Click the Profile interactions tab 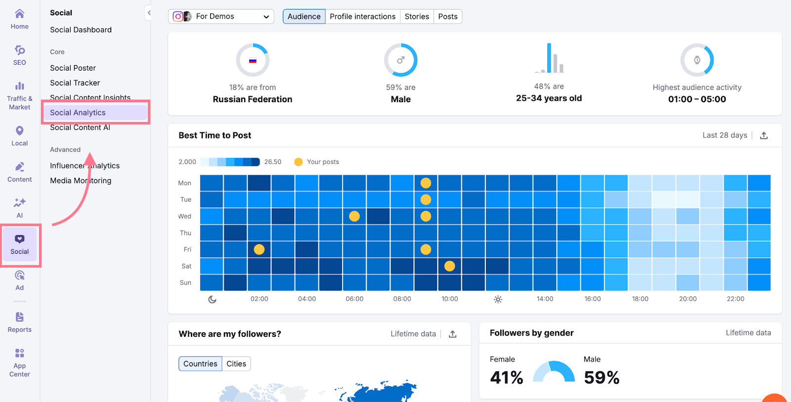[x=362, y=16]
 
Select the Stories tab [x=417, y=16]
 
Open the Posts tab [x=448, y=16]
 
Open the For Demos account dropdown [x=221, y=16]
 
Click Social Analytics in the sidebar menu [x=78, y=113]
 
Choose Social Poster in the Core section [x=73, y=68]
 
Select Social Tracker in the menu [x=75, y=83]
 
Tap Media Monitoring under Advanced [x=81, y=181]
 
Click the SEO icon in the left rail [x=20, y=55]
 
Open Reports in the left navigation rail [x=20, y=322]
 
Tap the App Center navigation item [x=20, y=362]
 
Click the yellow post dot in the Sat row [x=449, y=266]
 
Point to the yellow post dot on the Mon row [x=426, y=183]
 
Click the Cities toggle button [x=236, y=364]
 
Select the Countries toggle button [x=200, y=364]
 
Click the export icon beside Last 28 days [x=764, y=135]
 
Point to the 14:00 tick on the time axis [x=545, y=299]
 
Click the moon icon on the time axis [x=212, y=299]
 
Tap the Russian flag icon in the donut [x=253, y=60]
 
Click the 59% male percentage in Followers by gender [x=601, y=378]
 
